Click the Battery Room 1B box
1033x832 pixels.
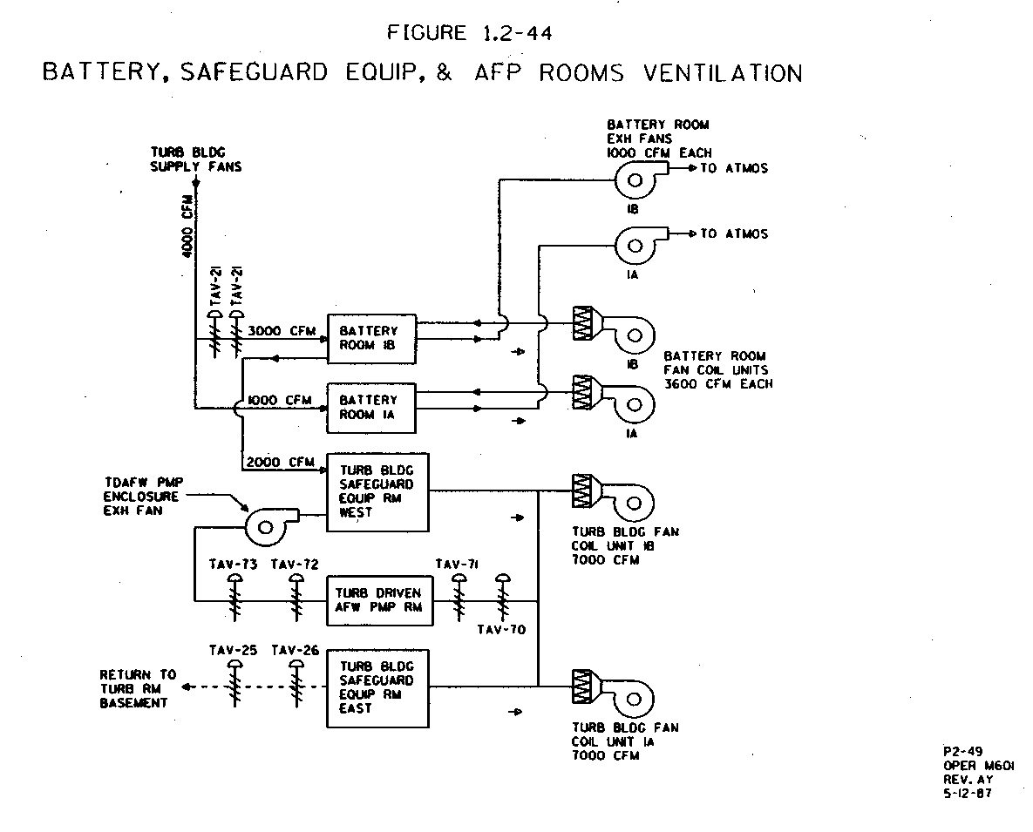(x=371, y=338)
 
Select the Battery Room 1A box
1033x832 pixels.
(x=371, y=407)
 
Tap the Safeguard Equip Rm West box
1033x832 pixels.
(x=377, y=492)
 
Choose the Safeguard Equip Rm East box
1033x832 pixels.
(x=377, y=687)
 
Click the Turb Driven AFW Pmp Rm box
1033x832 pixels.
(x=377, y=600)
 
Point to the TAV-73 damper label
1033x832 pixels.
(x=234, y=565)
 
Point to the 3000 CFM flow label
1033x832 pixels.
(x=281, y=331)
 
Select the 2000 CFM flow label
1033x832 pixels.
(x=281, y=462)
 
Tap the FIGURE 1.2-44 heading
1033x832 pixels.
(x=470, y=34)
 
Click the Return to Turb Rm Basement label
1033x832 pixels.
(x=137, y=688)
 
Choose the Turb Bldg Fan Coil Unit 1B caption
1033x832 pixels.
(x=625, y=545)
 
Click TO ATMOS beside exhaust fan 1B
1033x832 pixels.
(x=734, y=168)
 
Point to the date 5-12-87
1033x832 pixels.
(x=967, y=794)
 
